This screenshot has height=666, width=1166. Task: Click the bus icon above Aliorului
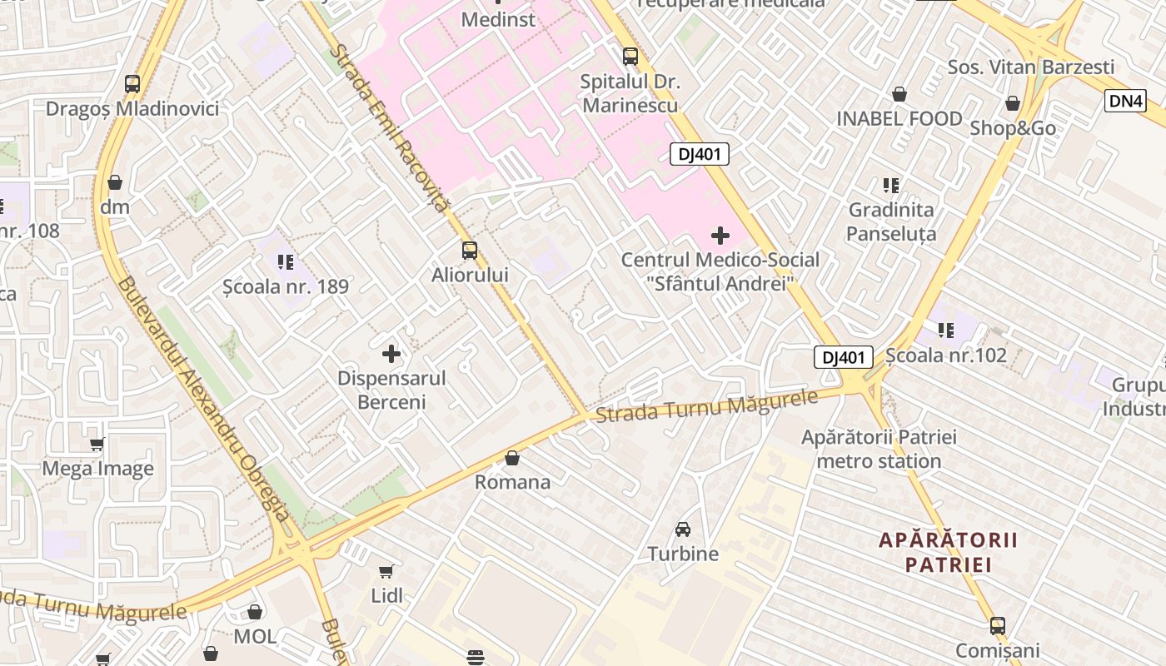[x=470, y=251]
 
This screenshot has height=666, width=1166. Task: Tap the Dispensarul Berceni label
[x=391, y=390]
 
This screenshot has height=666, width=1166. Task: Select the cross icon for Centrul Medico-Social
[x=720, y=236]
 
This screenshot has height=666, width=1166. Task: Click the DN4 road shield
[x=1126, y=101]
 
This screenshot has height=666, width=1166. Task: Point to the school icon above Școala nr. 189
[x=286, y=262]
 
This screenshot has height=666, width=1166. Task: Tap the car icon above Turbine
[x=683, y=529]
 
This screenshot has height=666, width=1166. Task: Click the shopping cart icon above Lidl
[x=386, y=571]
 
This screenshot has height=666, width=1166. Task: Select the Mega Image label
[x=98, y=469]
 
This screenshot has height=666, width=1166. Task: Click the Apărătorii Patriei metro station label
[x=879, y=449]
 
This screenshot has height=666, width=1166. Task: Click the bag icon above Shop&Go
[x=1013, y=104]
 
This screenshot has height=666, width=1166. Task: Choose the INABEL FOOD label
[x=899, y=119]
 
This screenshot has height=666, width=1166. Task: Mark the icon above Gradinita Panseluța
[x=891, y=185]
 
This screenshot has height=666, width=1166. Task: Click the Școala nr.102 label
[x=946, y=355]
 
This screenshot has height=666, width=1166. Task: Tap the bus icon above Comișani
[x=998, y=626]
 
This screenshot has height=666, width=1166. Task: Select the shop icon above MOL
[x=255, y=613]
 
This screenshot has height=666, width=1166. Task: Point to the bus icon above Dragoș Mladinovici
[x=132, y=84]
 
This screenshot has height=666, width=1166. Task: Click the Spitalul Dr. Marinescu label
[x=630, y=93]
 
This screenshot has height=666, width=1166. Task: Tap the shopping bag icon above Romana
[x=512, y=459]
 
